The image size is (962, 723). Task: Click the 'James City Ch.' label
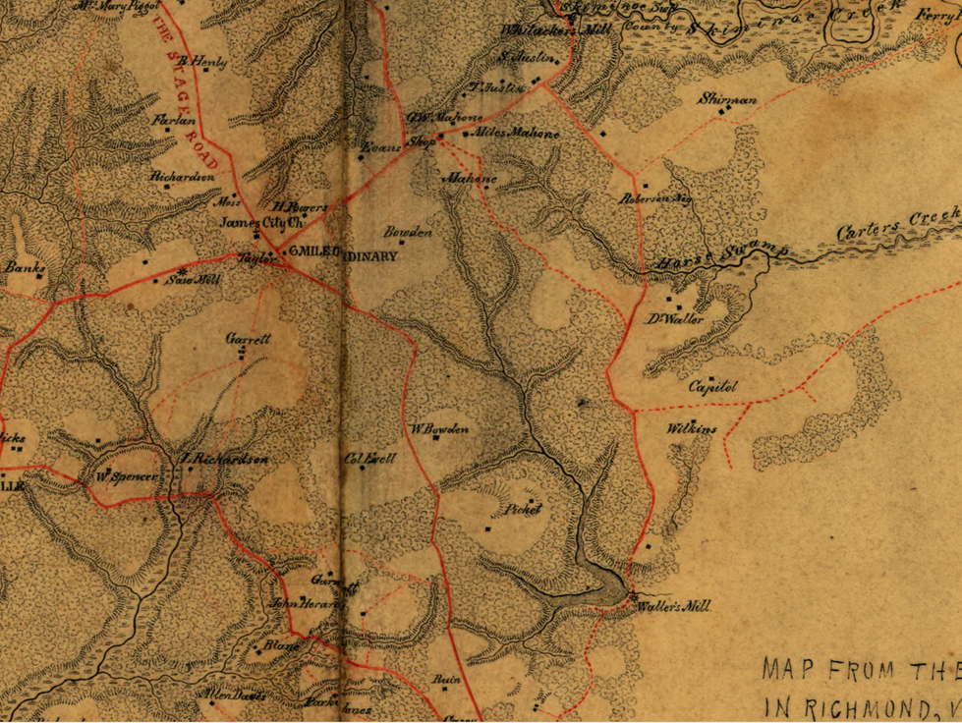click(251, 222)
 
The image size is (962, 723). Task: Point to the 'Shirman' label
click(728, 99)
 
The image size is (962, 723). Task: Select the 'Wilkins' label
click(692, 428)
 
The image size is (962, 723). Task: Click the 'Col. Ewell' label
click(368, 458)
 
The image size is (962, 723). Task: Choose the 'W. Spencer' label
click(127, 476)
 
